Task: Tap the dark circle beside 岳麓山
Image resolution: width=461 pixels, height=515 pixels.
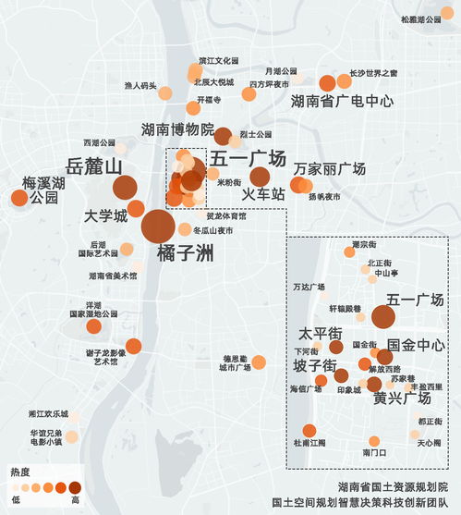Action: (124, 188)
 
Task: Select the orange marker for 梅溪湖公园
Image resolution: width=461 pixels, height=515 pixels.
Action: (18, 197)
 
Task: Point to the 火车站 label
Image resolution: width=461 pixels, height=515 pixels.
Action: (262, 194)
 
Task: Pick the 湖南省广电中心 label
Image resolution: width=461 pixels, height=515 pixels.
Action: (342, 101)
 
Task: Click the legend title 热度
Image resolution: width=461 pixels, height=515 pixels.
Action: (19, 472)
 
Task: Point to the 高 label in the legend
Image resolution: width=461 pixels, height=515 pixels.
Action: (74, 499)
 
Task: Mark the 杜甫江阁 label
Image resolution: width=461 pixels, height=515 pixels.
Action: (309, 443)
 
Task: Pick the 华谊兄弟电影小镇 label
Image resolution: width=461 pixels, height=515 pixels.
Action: (44, 437)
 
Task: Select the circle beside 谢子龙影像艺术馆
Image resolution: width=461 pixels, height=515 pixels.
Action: (133, 347)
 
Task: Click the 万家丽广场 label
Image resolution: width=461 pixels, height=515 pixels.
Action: (330, 169)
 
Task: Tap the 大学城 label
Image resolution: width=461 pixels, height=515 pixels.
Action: (105, 216)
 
